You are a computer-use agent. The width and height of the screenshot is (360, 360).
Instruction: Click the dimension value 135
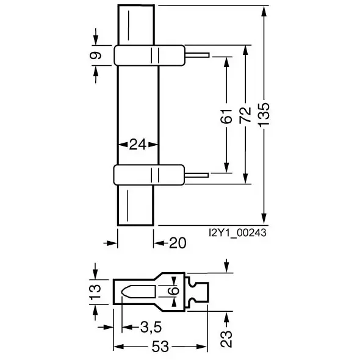click(x=264, y=115)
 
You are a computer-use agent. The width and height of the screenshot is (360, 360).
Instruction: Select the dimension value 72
click(x=245, y=115)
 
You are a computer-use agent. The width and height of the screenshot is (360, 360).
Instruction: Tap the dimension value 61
click(x=226, y=116)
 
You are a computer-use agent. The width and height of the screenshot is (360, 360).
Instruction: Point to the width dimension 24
click(x=138, y=145)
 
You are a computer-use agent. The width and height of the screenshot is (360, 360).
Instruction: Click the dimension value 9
click(x=96, y=56)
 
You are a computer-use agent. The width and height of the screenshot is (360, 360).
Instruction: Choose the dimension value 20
click(x=178, y=243)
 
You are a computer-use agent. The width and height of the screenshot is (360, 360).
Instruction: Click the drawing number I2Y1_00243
click(x=237, y=233)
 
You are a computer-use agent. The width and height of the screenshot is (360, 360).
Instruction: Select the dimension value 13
click(x=95, y=292)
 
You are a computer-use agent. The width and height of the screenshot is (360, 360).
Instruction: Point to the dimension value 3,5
click(x=151, y=327)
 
